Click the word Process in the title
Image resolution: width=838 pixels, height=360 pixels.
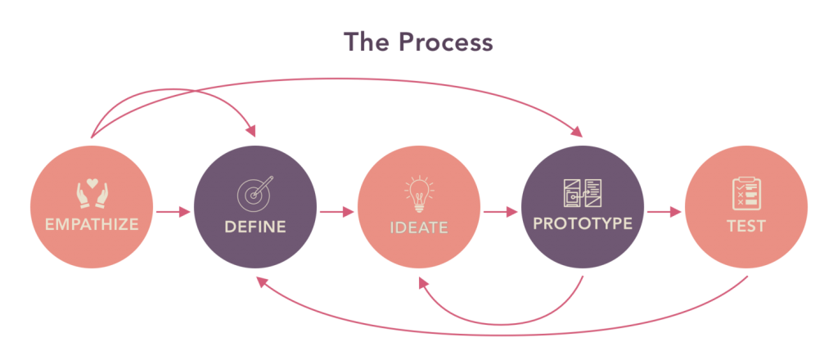click(447, 43)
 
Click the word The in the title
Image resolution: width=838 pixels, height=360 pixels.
click(369, 42)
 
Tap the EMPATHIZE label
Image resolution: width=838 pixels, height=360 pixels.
click(92, 224)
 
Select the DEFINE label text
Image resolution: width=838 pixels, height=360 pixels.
click(255, 227)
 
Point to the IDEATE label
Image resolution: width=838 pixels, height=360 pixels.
click(419, 227)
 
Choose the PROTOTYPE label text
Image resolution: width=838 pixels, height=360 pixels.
click(583, 223)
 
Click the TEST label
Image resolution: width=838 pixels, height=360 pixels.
click(746, 226)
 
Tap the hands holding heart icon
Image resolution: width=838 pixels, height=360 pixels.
click(92, 193)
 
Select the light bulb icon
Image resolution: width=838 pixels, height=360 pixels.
click(419, 193)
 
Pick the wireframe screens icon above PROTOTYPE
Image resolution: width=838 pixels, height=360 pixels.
click(583, 193)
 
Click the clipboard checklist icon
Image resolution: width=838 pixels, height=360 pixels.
click(746, 193)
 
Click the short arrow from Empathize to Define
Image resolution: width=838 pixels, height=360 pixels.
click(173, 212)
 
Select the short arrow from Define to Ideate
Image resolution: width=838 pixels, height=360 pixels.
click(336, 212)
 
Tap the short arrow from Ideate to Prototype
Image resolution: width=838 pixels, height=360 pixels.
click(500, 212)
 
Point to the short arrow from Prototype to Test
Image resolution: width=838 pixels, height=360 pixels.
click(664, 212)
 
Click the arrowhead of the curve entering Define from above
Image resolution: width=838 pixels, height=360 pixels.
click(250, 130)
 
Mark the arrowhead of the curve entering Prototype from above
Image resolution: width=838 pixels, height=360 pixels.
click(577, 130)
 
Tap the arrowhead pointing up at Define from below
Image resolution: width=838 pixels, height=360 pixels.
click(262, 283)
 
